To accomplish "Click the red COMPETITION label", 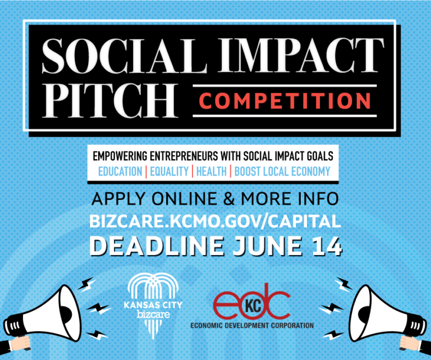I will coord(285,101).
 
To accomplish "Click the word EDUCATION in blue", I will coord(120,171).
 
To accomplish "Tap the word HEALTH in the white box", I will coord(211,171).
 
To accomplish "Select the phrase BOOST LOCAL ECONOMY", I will coord(282,171).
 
